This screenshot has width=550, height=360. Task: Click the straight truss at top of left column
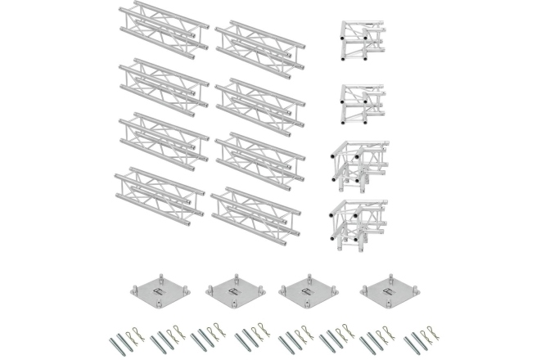pos(161,27)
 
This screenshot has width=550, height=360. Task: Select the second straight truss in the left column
pos(161,82)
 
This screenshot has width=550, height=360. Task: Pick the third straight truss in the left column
pos(161,137)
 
